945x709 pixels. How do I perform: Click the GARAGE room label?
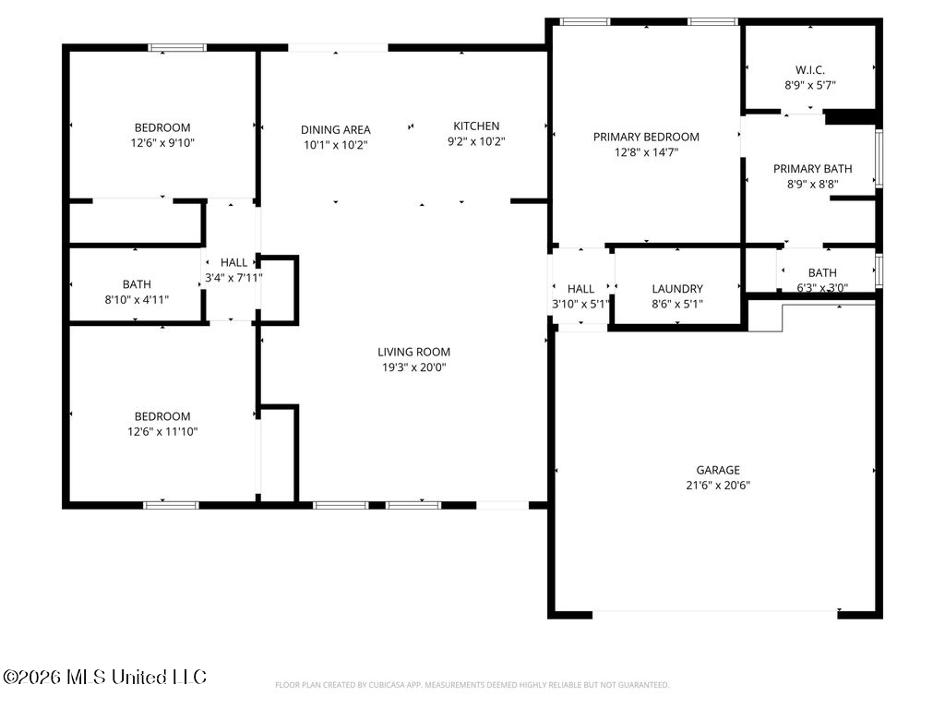[x=718, y=470]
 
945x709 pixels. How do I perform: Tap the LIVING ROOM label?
[x=414, y=352]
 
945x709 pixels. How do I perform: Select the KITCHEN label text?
[x=476, y=126]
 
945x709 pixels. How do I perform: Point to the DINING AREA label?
[x=336, y=129]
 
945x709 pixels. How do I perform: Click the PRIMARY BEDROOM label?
[x=646, y=137]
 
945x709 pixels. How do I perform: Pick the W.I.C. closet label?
[x=810, y=70]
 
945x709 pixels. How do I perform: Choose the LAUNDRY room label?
[x=677, y=289]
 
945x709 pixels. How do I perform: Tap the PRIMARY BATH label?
[x=812, y=169]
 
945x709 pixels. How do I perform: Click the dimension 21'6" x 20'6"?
[x=718, y=486]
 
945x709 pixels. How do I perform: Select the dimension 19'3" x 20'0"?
[x=414, y=367]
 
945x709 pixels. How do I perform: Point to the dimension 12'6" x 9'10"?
[x=162, y=143]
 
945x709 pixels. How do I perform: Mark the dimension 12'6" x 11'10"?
[x=162, y=432]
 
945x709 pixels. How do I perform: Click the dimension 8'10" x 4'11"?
[x=137, y=300]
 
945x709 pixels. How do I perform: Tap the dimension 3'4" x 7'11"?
[x=233, y=278]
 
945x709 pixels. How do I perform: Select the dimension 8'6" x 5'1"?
[x=677, y=305]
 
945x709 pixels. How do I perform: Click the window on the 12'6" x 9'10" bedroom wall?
[x=177, y=48]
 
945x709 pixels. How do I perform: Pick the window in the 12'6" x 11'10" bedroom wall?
[x=171, y=505]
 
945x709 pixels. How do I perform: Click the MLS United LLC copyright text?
[x=105, y=677]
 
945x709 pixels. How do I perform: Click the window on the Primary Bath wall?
[x=879, y=159]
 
